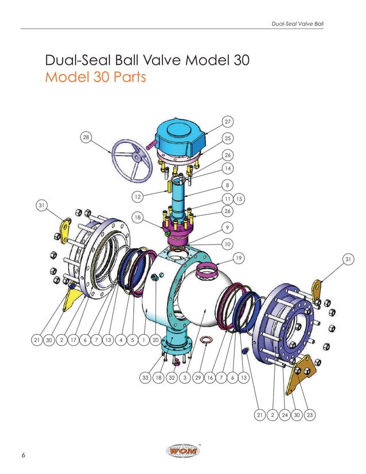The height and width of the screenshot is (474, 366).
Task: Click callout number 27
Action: point(228,122)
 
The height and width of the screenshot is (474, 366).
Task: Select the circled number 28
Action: point(86,137)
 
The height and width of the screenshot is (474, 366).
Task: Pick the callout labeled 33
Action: point(145,378)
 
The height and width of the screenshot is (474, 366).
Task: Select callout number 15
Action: point(240,199)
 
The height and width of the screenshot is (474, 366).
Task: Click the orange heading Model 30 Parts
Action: point(95,77)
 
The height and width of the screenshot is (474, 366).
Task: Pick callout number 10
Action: point(228,244)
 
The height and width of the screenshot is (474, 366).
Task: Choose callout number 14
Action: point(228,169)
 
